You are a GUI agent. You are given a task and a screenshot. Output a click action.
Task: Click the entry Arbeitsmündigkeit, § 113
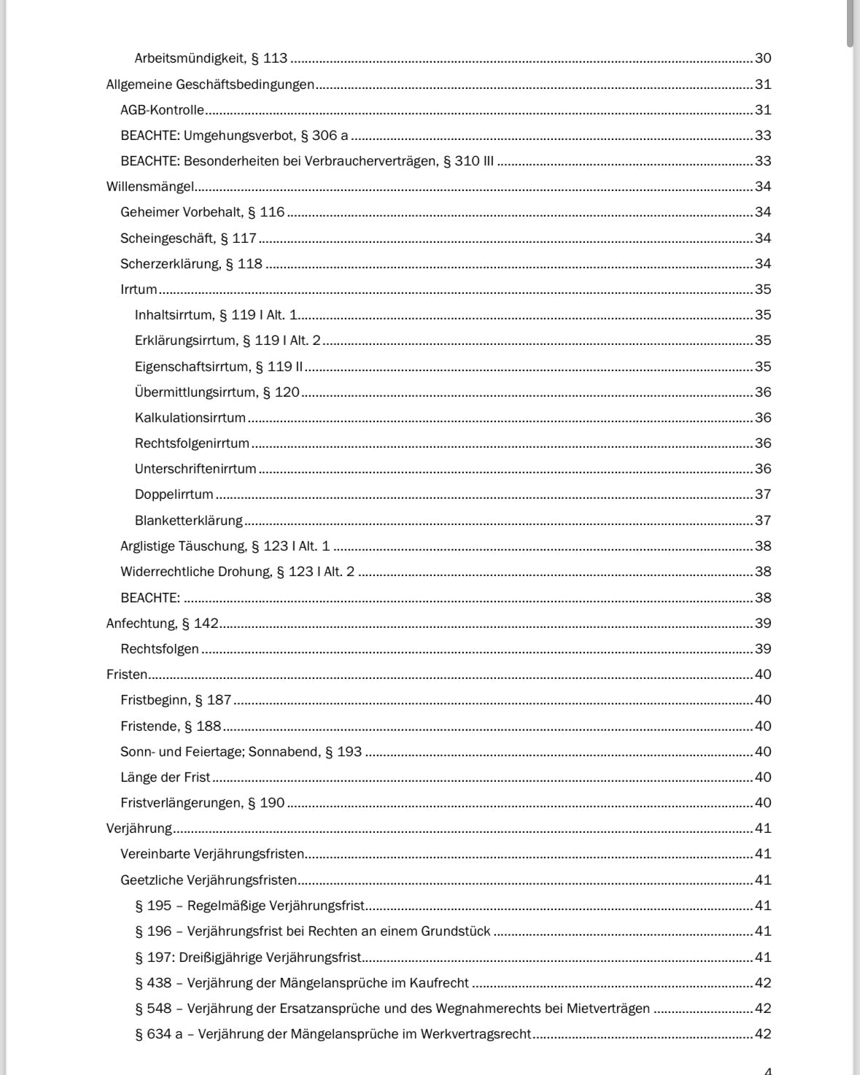211,58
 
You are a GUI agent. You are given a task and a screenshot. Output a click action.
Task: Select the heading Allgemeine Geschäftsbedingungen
210,85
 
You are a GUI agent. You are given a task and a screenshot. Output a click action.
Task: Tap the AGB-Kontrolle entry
162,110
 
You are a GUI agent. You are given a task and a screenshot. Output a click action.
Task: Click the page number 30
763,58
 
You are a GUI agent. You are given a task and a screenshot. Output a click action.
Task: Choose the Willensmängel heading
150,187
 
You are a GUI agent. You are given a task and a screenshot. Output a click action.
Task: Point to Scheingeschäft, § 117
188,238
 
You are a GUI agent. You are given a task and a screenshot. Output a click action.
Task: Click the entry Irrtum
139,290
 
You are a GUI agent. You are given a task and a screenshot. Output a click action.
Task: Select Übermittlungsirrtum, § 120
217,392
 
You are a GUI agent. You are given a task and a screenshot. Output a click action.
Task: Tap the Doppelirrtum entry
174,494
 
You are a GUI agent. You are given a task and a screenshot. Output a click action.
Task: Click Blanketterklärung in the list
188,521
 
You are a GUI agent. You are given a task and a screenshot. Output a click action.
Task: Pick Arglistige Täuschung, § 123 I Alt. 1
225,546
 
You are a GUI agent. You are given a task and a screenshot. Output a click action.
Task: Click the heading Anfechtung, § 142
162,624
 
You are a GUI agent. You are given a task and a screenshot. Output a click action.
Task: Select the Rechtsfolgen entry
159,649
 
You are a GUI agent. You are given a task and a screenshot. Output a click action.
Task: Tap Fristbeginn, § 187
176,700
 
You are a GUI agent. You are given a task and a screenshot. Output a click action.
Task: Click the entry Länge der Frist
165,777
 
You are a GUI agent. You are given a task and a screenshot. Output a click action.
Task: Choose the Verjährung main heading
139,828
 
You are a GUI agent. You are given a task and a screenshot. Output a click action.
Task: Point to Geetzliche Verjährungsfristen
209,880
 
